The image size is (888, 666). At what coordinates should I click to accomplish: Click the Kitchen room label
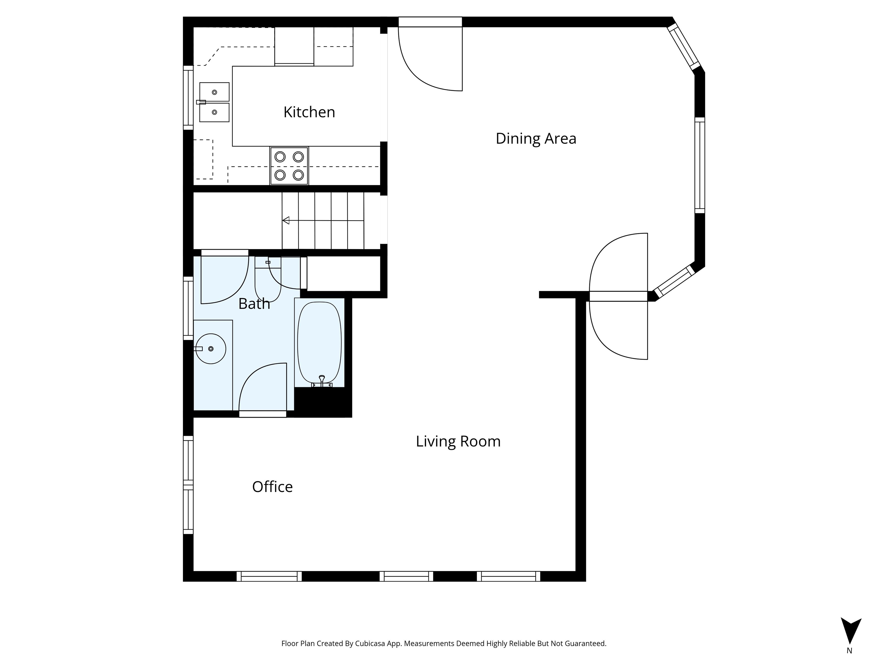[x=309, y=112]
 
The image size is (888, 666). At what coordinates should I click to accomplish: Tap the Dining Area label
[x=536, y=138]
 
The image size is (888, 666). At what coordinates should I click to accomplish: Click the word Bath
[x=254, y=304]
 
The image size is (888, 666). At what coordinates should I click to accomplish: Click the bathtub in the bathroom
[x=319, y=343]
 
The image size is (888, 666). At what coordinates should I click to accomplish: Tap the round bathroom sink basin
[x=211, y=349]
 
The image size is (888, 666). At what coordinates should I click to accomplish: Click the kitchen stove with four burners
[x=289, y=166]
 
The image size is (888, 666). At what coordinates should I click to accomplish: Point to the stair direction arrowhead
[x=286, y=220]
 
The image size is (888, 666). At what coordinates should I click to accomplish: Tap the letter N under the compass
[x=850, y=651]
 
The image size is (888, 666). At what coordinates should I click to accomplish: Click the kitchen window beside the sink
[x=188, y=97]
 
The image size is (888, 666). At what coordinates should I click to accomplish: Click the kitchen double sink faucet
[x=201, y=102]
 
